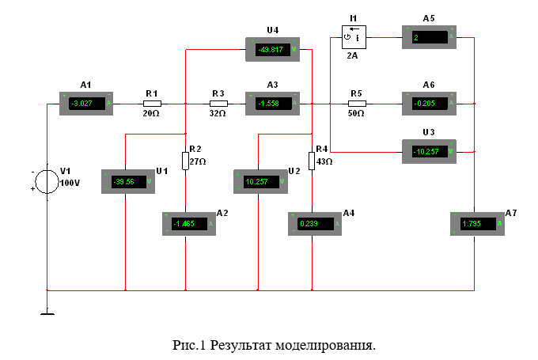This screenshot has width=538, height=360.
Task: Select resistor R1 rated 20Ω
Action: pyautogui.click(x=152, y=103)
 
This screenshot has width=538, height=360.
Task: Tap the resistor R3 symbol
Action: pyautogui.click(x=219, y=103)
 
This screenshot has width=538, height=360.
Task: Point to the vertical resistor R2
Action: pyautogui.click(x=185, y=161)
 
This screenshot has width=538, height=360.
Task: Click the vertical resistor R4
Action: pyautogui.click(x=312, y=161)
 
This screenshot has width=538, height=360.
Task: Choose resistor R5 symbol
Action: pyautogui.click(x=357, y=103)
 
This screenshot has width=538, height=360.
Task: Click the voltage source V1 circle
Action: pyautogui.click(x=47, y=181)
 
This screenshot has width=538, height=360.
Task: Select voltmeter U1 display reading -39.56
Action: pyautogui.click(x=127, y=181)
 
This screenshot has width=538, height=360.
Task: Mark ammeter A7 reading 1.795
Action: pyautogui.click(x=478, y=224)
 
